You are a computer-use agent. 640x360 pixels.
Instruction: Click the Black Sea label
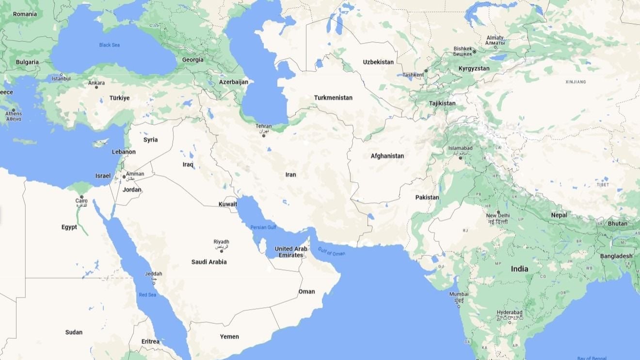109,45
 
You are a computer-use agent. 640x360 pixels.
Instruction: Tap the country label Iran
290,174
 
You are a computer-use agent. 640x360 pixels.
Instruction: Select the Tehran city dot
264,136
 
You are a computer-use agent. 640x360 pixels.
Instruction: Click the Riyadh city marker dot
222,251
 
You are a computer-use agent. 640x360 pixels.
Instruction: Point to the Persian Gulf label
263,227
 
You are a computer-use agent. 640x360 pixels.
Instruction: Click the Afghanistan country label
387,156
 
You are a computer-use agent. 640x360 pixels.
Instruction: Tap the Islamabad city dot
461,158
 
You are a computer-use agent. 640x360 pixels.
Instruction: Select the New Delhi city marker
498,212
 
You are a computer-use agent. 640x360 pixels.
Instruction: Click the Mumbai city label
459,294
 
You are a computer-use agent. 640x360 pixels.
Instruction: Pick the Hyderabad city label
510,313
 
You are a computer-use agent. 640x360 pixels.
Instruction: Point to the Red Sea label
147,295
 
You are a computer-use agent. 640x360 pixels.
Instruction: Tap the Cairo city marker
81,197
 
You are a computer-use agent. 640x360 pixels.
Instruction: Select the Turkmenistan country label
333,97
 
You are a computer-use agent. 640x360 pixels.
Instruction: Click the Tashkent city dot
426,71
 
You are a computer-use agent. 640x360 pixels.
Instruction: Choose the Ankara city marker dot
96,87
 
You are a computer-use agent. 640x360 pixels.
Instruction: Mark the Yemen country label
229,336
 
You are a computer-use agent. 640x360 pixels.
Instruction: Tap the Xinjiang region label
576,82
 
